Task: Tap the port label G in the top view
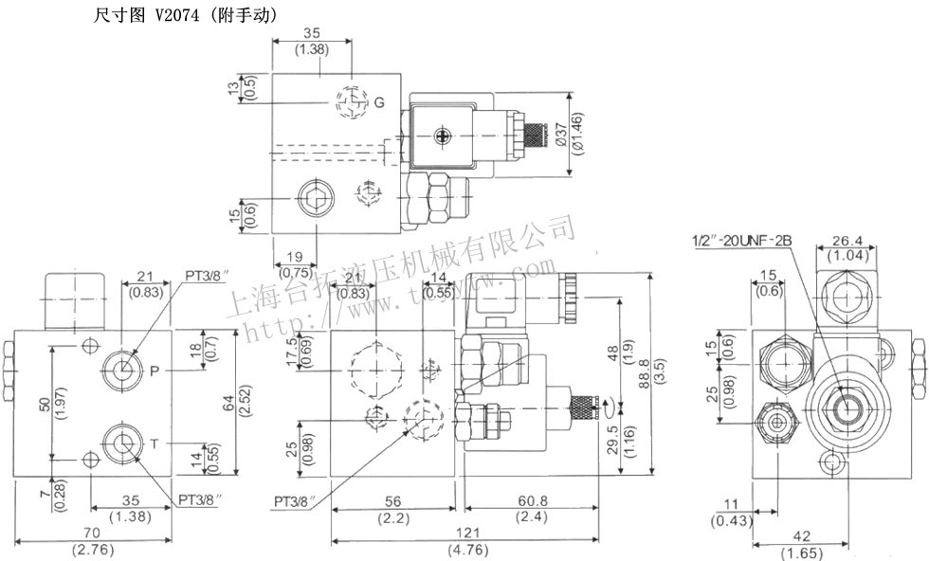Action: pyautogui.click(x=377, y=102)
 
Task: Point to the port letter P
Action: pyautogui.click(x=155, y=371)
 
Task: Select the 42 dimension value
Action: pyautogui.click(x=802, y=536)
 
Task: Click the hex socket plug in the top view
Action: pyautogui.click(x=314, y=198)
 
